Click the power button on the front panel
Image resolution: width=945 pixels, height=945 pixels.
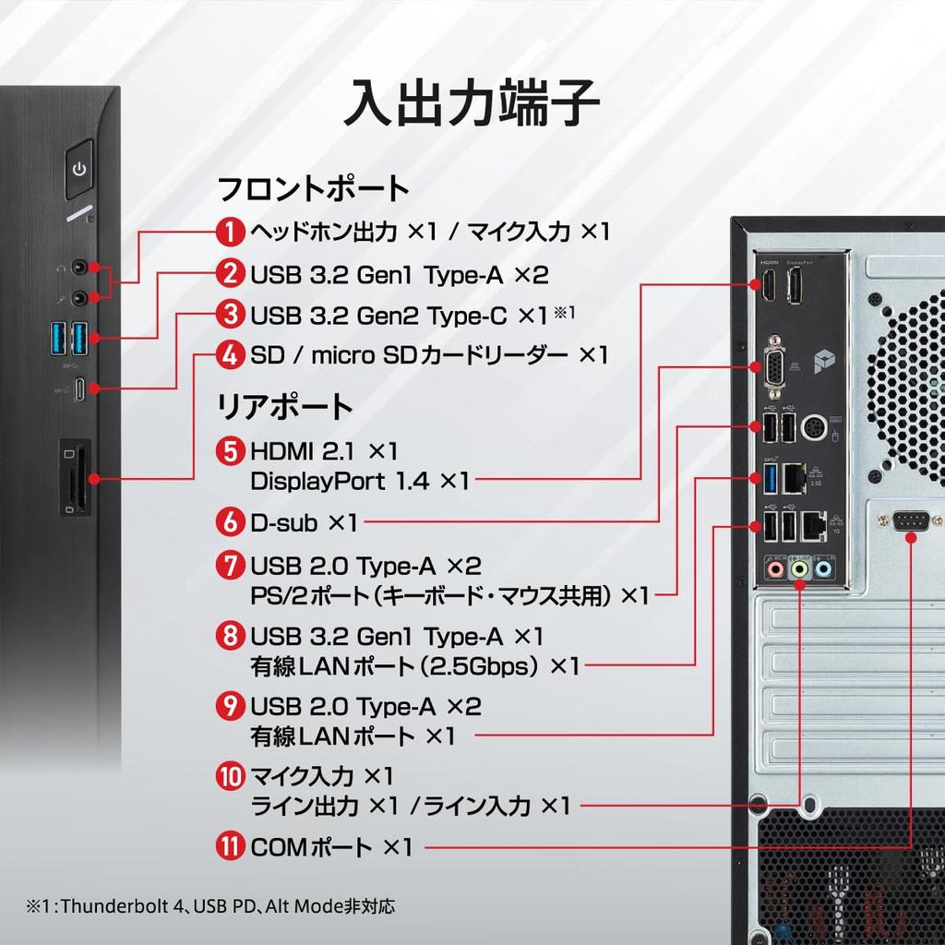(80, 169)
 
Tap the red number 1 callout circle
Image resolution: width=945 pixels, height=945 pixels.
(231, 231)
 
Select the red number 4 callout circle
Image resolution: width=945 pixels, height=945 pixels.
(231, 353)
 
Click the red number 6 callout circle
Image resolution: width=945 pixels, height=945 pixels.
(231, 522)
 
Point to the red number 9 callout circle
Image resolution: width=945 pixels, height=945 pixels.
(231, 707)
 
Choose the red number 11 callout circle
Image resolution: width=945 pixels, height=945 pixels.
(231, 846)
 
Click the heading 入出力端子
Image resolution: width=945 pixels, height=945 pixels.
(472, 103)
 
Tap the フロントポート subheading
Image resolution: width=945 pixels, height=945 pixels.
(313, 189)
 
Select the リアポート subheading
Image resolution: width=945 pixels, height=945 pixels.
(284, 406)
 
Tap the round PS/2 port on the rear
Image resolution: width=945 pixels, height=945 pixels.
(814, 429)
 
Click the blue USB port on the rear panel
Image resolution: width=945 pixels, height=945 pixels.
(769, 476)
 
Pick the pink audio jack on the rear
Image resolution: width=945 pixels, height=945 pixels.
(774, 571)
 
